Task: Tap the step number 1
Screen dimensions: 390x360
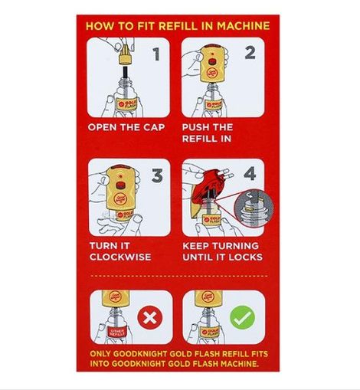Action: click(x=156, y=54)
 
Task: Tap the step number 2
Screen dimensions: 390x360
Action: click(x=250, y=53)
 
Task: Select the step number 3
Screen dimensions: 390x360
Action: click(x=156, y=176)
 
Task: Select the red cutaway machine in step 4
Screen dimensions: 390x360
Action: click(x=208, y=188)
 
